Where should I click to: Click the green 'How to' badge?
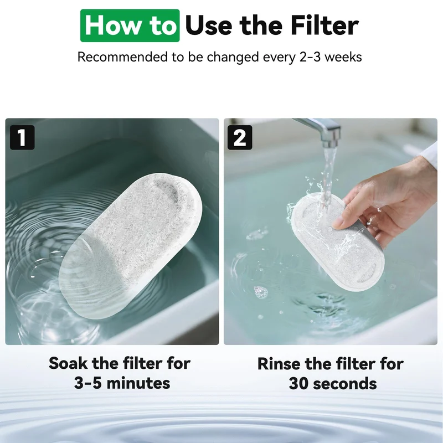130,25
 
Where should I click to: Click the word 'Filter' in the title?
324,25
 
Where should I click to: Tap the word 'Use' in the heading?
209,25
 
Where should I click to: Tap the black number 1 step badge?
22,137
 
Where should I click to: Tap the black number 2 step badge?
240,137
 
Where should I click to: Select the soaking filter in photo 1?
131,245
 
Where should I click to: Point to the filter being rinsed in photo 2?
338,242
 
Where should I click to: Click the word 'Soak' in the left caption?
68,363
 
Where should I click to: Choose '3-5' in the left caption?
88,383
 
